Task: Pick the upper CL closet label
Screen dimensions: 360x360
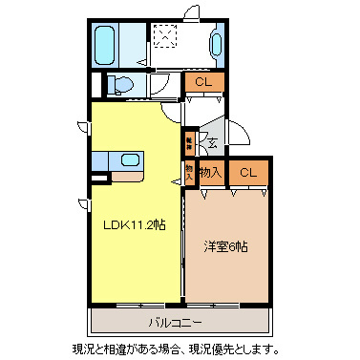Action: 202,82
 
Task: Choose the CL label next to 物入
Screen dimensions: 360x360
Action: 248,172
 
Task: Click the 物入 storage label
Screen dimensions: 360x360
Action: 211,172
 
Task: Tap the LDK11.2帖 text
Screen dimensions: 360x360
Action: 134,225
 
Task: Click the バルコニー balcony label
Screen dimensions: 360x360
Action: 180,322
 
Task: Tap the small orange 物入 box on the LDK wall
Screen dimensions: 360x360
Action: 189,172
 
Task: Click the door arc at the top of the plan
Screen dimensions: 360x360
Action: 191,12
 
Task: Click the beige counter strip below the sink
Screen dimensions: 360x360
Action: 126,176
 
